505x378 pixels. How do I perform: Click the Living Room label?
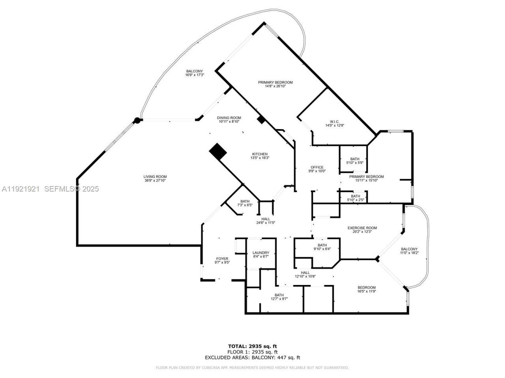click(155, 177)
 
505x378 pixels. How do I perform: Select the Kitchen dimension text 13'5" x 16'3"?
click(260, 158)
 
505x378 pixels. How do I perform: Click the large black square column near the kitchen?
click(218, 151)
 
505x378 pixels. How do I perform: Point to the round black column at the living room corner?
click(137, 120)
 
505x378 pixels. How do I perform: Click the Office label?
click(317, 167)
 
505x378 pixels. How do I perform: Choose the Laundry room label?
click(261, 253)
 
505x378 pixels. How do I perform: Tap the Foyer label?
click(222, 259)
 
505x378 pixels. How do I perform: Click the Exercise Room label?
click(362, 228)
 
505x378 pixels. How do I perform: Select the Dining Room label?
click(229, 118)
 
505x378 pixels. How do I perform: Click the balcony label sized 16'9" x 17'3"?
click(195, 71)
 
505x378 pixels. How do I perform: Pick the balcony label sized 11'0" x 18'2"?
click(409, 249)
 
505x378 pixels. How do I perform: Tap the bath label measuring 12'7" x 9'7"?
click(279, 295)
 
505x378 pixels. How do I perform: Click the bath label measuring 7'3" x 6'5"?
click(245, 201)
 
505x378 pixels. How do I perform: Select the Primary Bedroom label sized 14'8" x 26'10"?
click(275, 82)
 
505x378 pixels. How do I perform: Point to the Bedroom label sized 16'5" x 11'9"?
click(367, 287)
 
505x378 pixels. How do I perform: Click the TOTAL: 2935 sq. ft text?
click(252, 346)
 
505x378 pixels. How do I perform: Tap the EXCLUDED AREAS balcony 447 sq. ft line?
click(252, 358)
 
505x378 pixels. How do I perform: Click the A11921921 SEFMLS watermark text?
click(50, 189)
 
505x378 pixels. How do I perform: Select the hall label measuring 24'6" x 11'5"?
click(266, 219)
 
